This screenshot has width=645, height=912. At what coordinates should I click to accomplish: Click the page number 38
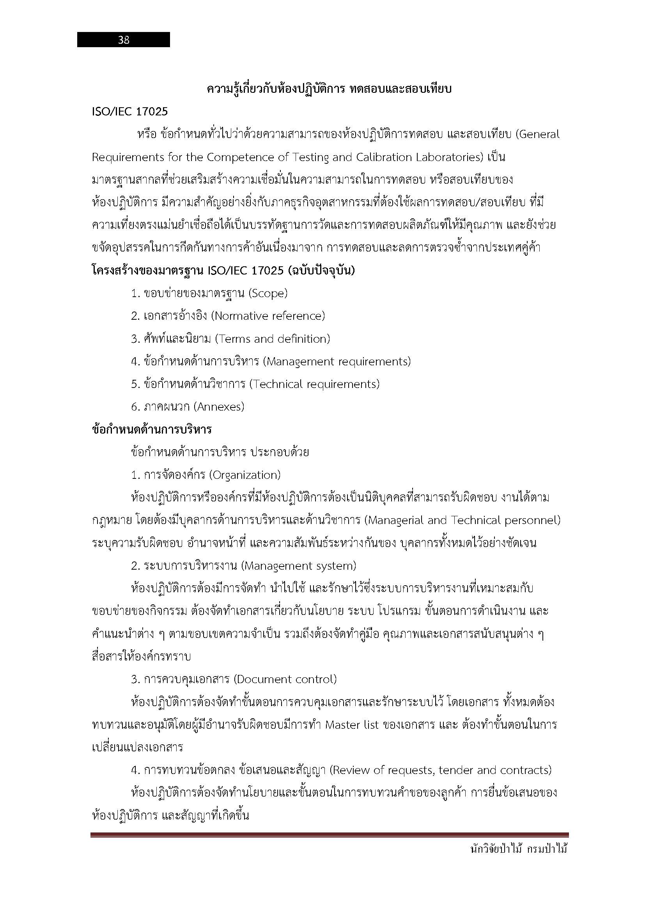[124, 40]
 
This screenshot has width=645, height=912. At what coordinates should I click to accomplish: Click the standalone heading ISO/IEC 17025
[130, 112]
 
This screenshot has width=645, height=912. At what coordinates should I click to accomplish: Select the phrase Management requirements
[337, 361]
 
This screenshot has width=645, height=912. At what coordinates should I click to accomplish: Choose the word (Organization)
[245, 475]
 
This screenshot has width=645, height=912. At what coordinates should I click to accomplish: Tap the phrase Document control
[285, 679]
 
